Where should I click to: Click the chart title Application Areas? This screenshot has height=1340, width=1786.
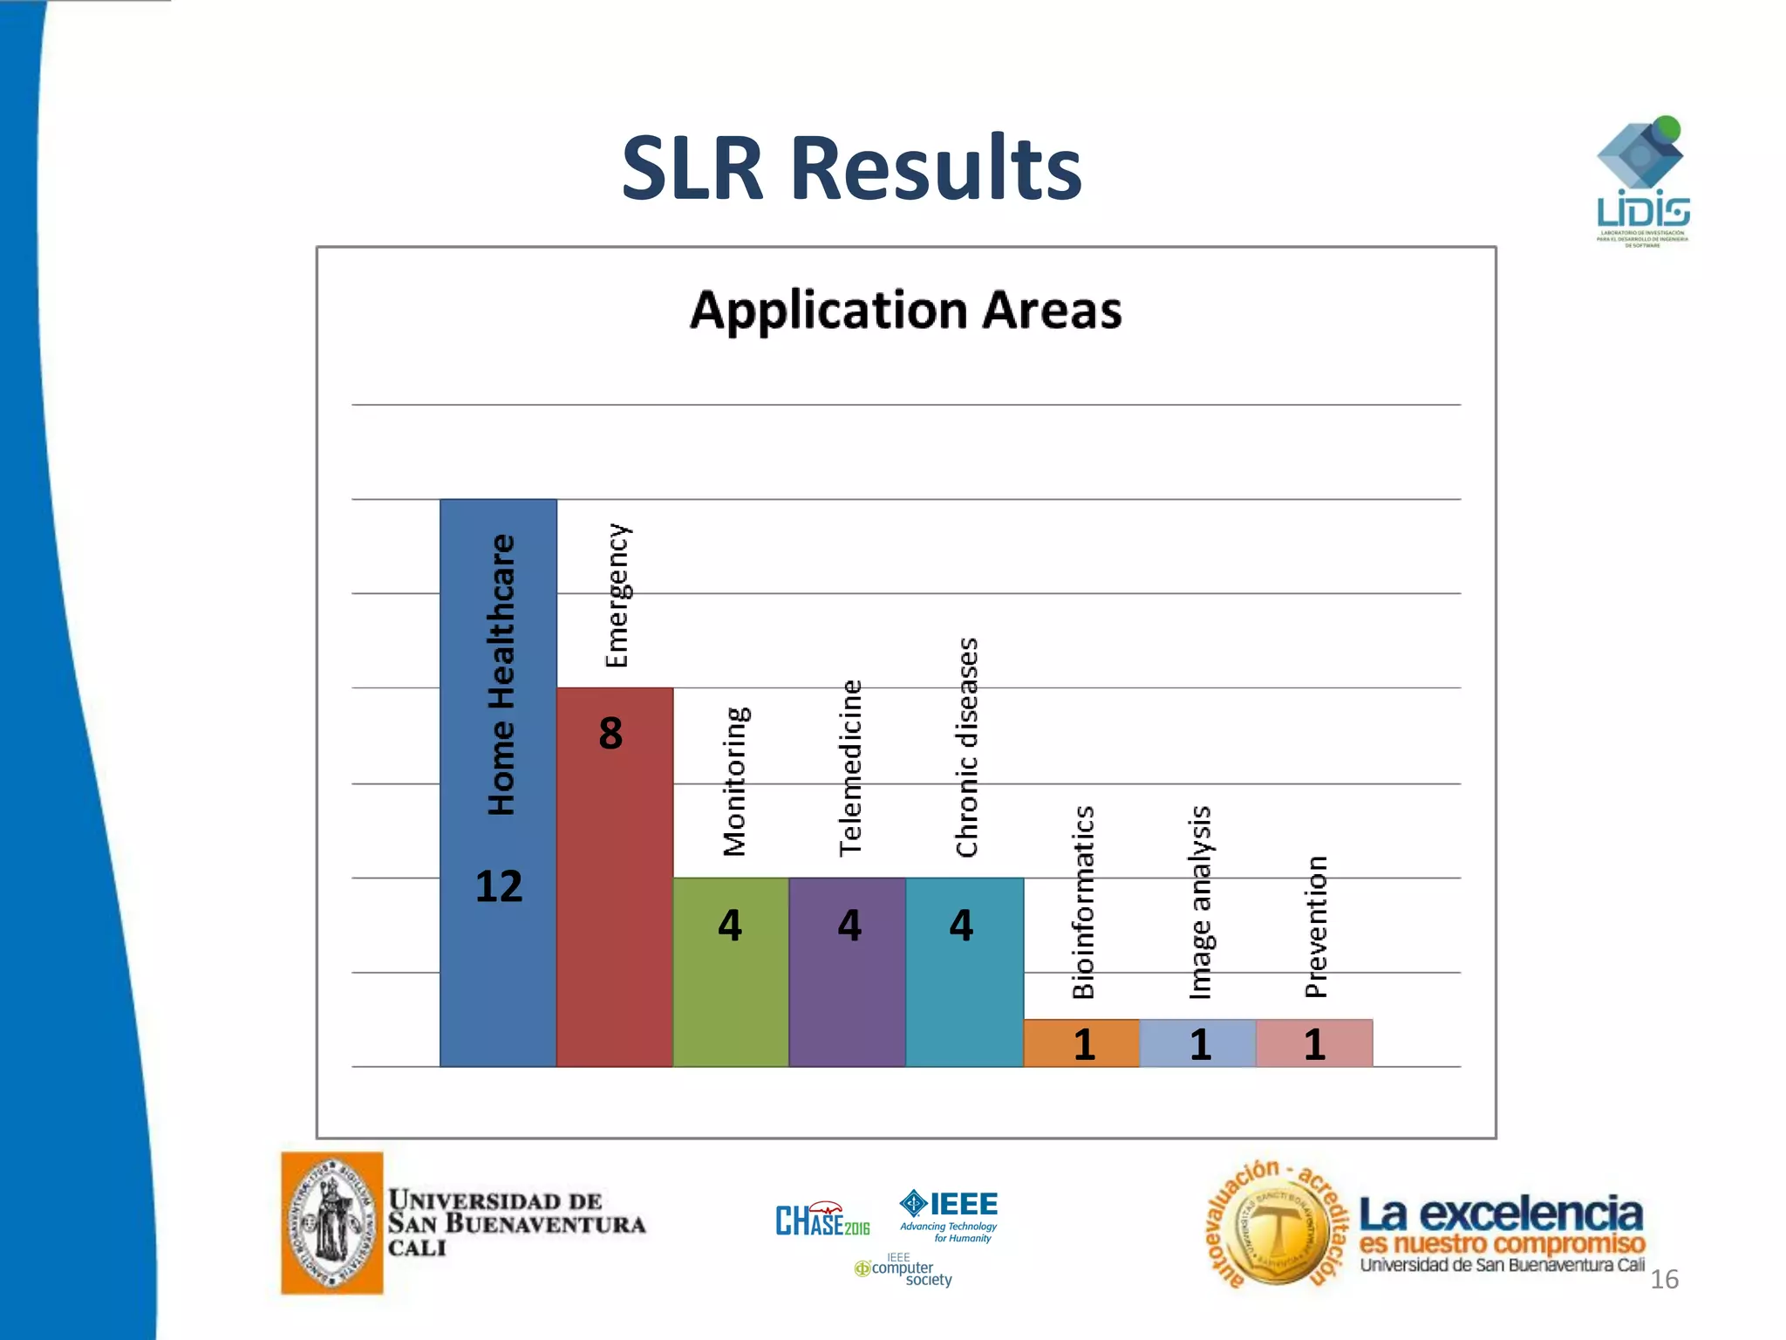pyautogui.click(x=905, y=311)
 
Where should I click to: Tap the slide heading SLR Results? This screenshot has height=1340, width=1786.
pyautogui.click(x=851, y=168)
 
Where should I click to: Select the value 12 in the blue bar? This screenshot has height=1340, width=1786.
pyautogui.click(x=499, y=886)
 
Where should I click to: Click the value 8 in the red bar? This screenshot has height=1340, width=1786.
pyautogui.click(x=610, y=733)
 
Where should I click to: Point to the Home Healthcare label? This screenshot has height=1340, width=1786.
pyautogui.click(x=501, y=674)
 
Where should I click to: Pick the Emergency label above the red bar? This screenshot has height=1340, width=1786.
pyautogui.click(x=617, y=596)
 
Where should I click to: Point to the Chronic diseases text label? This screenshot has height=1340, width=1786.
pyautogui.click(x=967, y=748)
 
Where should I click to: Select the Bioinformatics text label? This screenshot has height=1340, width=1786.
pyautogui.click(x=1083, y=902)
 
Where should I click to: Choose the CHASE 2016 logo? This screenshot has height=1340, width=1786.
pyautogui.click(x=821, y=1220)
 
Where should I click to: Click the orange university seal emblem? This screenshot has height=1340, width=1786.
pyautogui.click(x=332, y=1222)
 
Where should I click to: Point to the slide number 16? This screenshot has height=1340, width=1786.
pyautogui.click(x=1664, y=1279)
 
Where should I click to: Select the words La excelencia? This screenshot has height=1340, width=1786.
pyautogui.click(x=1500, y=1214)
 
